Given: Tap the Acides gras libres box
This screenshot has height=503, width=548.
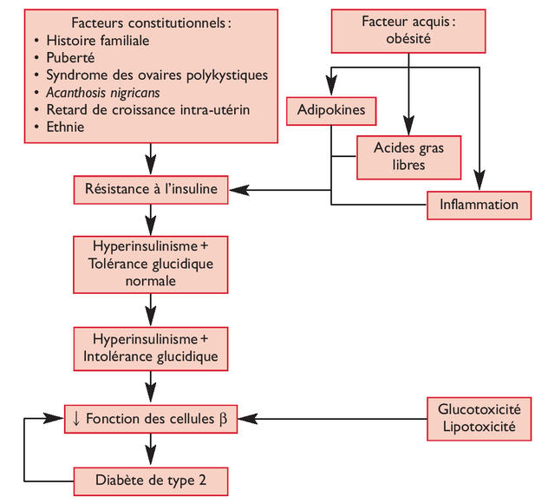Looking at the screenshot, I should point(407,155).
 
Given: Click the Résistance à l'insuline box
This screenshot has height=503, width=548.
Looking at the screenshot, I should point(151,187).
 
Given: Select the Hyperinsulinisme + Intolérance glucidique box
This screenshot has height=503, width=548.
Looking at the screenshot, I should point(151,346).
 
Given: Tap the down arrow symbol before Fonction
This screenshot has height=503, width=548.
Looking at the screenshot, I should point(77,419).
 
